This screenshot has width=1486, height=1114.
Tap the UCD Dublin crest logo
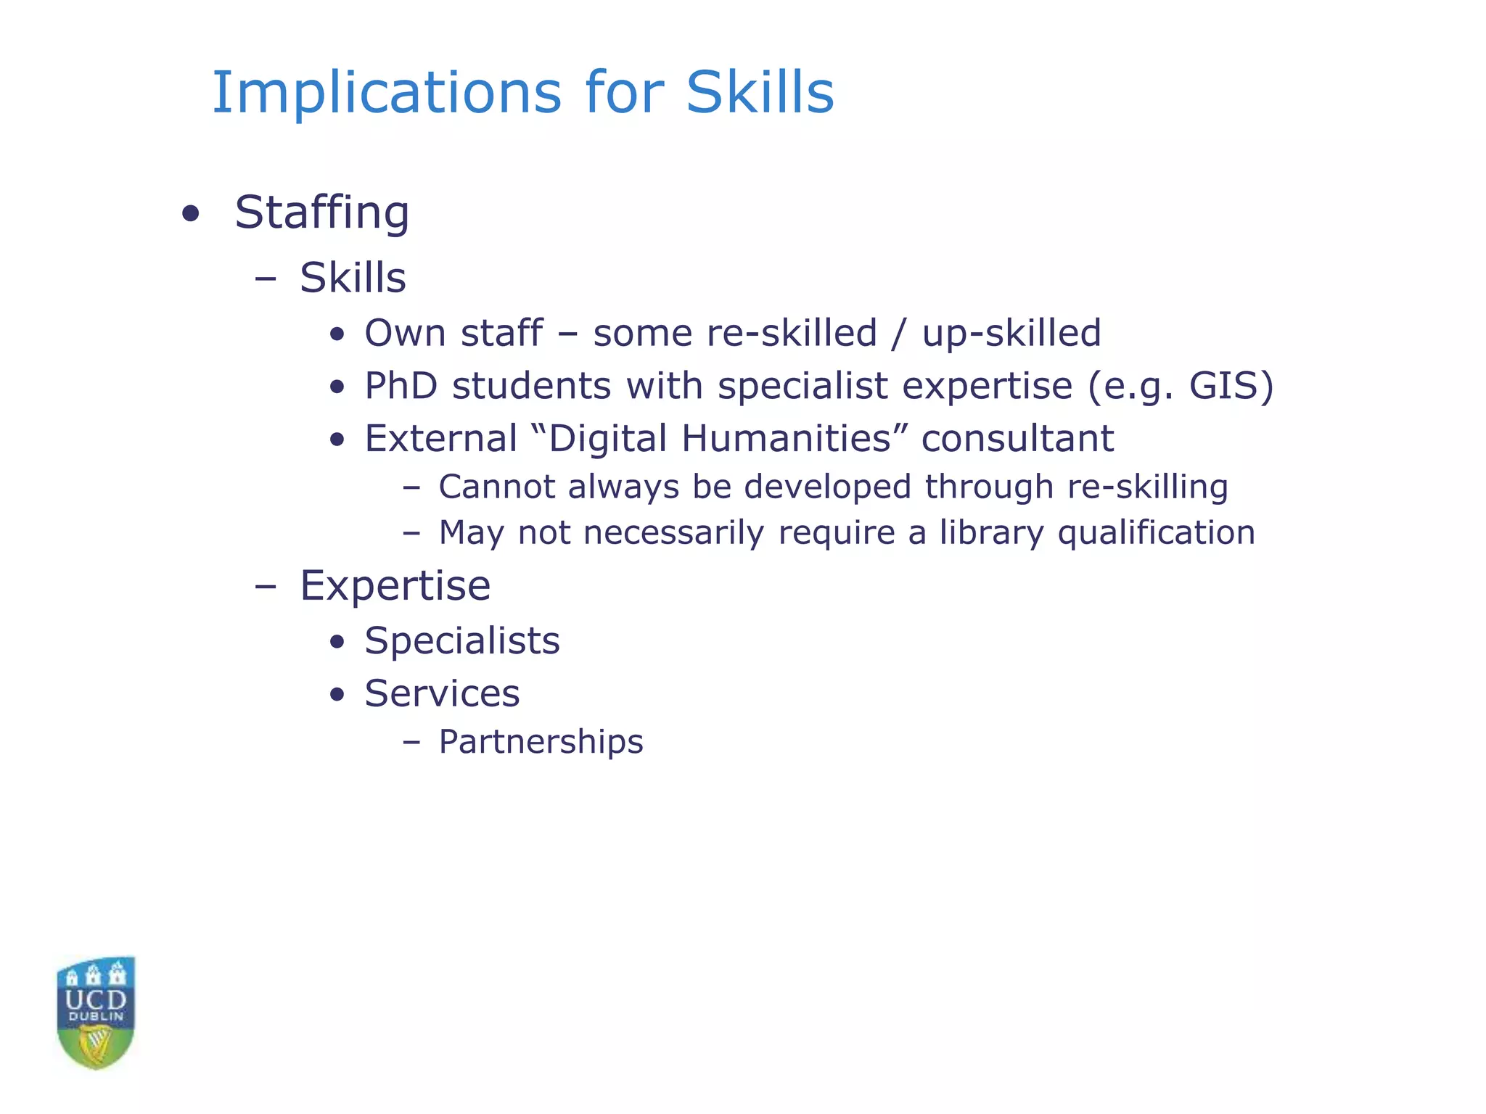(x=96, y=1012)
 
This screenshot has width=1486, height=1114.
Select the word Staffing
(x=322, y=213)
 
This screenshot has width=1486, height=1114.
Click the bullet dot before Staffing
(x=190, y=214)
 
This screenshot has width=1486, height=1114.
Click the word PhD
(x=401, y=386)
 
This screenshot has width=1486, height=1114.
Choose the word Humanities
(x=787, y=439)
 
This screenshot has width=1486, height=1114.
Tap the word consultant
(x=1017, y=439)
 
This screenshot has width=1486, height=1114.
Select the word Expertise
(x=395, y=586)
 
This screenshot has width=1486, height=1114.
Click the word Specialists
(x=462, y=641)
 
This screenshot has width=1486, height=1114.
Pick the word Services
(x=442, y=694)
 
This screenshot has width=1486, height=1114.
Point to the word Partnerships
(x=541, y=742)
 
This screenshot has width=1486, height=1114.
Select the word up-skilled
(x=1011, y=334)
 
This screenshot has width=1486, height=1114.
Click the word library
(x=991, y=534)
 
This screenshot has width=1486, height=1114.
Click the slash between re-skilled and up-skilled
(x=900, y=334)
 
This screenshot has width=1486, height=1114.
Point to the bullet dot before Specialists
(x=336, y=642)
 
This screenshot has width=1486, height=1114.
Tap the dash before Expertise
(x=266, y=586)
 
